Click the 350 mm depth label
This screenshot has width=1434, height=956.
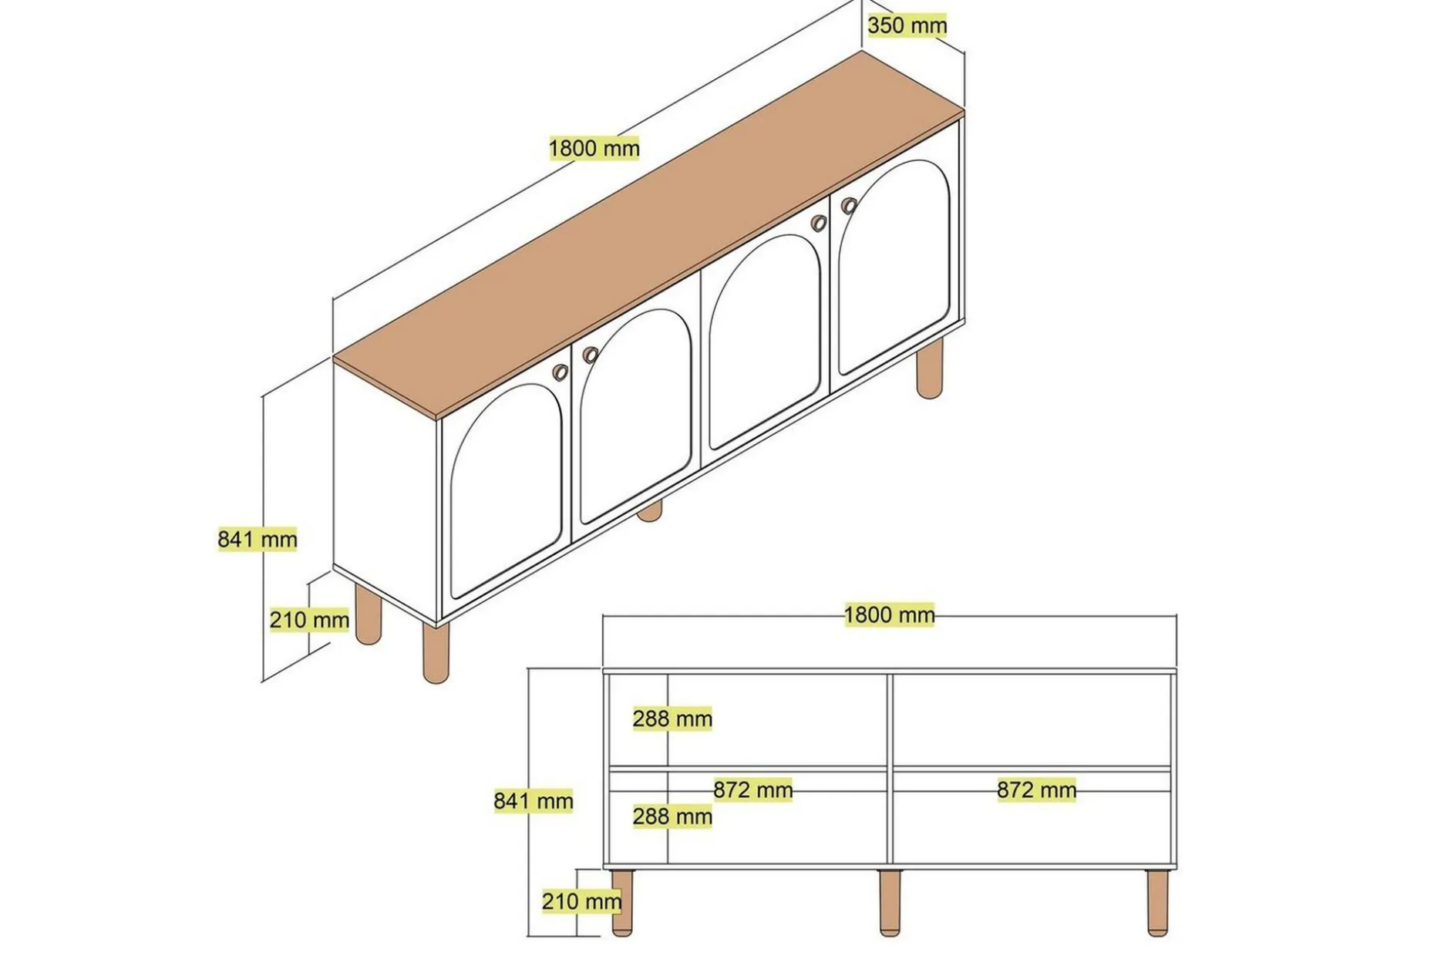pyautogui.click(x=907, y=25)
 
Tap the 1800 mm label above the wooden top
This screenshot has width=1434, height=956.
pyautogui.click(x=594, y=148)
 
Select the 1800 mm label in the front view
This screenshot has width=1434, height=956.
pyautogui.click(x=889, y=614)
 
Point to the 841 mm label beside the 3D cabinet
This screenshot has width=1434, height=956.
pyautogui.click(x=257, y=539)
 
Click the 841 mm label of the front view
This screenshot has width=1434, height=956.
pyautogui.click(x=533, y=801)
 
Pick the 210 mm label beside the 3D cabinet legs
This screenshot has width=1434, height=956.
pyautogui.click(x=308, y=619)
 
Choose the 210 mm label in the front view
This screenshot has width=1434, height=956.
pyautogui.click(x=581, y=900)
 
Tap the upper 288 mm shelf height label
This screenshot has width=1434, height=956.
pyautogui.click(x=672, y=719)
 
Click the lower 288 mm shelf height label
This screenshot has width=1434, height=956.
pyautogui.click(x=672, y=816)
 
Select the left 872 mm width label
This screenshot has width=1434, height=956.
pyautogui.click(x=752, y=789)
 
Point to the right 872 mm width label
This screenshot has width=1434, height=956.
pyautogui.click(x=1036, y=789)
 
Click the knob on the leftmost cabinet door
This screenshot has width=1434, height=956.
pyautogui.click(x=560, y=372)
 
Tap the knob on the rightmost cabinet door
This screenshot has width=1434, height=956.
pyautogui.click(x=849, y=206)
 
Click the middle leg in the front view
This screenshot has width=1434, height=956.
pyautogui.click(x=890, y=903)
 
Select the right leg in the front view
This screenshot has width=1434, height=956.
pyautogui.click(x=1156, y=903)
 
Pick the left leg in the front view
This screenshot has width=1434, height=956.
pyautogui.click(x=621, y=903)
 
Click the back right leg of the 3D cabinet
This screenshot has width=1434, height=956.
pyautogui.click(x=930, y=369)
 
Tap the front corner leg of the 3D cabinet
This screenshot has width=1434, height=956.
pyautogui.click(x=436, y=652)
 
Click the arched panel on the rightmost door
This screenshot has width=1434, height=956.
pyautogui.click(x=894, y=266)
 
